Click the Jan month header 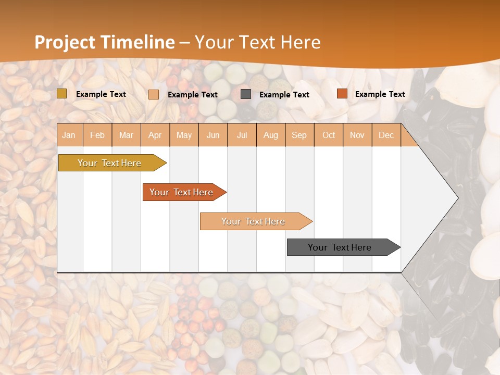pos(69,135)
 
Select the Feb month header pos(97,135)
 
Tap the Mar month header pos(126,135)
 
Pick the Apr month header pos(155,135)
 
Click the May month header pos(184,135)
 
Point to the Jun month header pos(213,135)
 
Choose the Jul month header pos(242,135)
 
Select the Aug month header pos(271,135)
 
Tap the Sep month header pos(299,135)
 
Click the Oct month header pos(329,135)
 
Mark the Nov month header pos(357,135)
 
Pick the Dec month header pos(386,135)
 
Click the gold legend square pos(62,94)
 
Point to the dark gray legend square pos(246,94)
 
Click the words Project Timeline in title pos(105,42)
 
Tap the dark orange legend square pos(342,94)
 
